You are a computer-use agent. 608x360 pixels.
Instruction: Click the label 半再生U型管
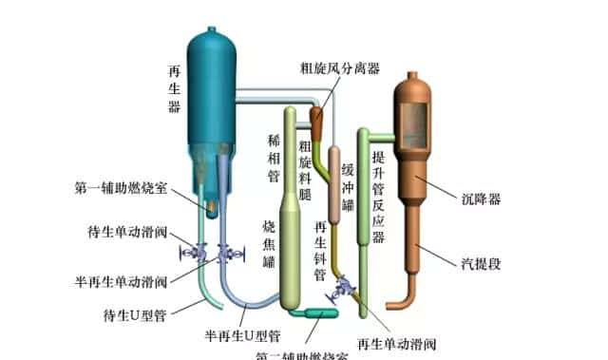[242, 335]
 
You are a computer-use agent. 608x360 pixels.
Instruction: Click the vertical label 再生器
[174, 89]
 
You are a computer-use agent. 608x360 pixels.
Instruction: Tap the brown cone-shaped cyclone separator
[316, 119]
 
